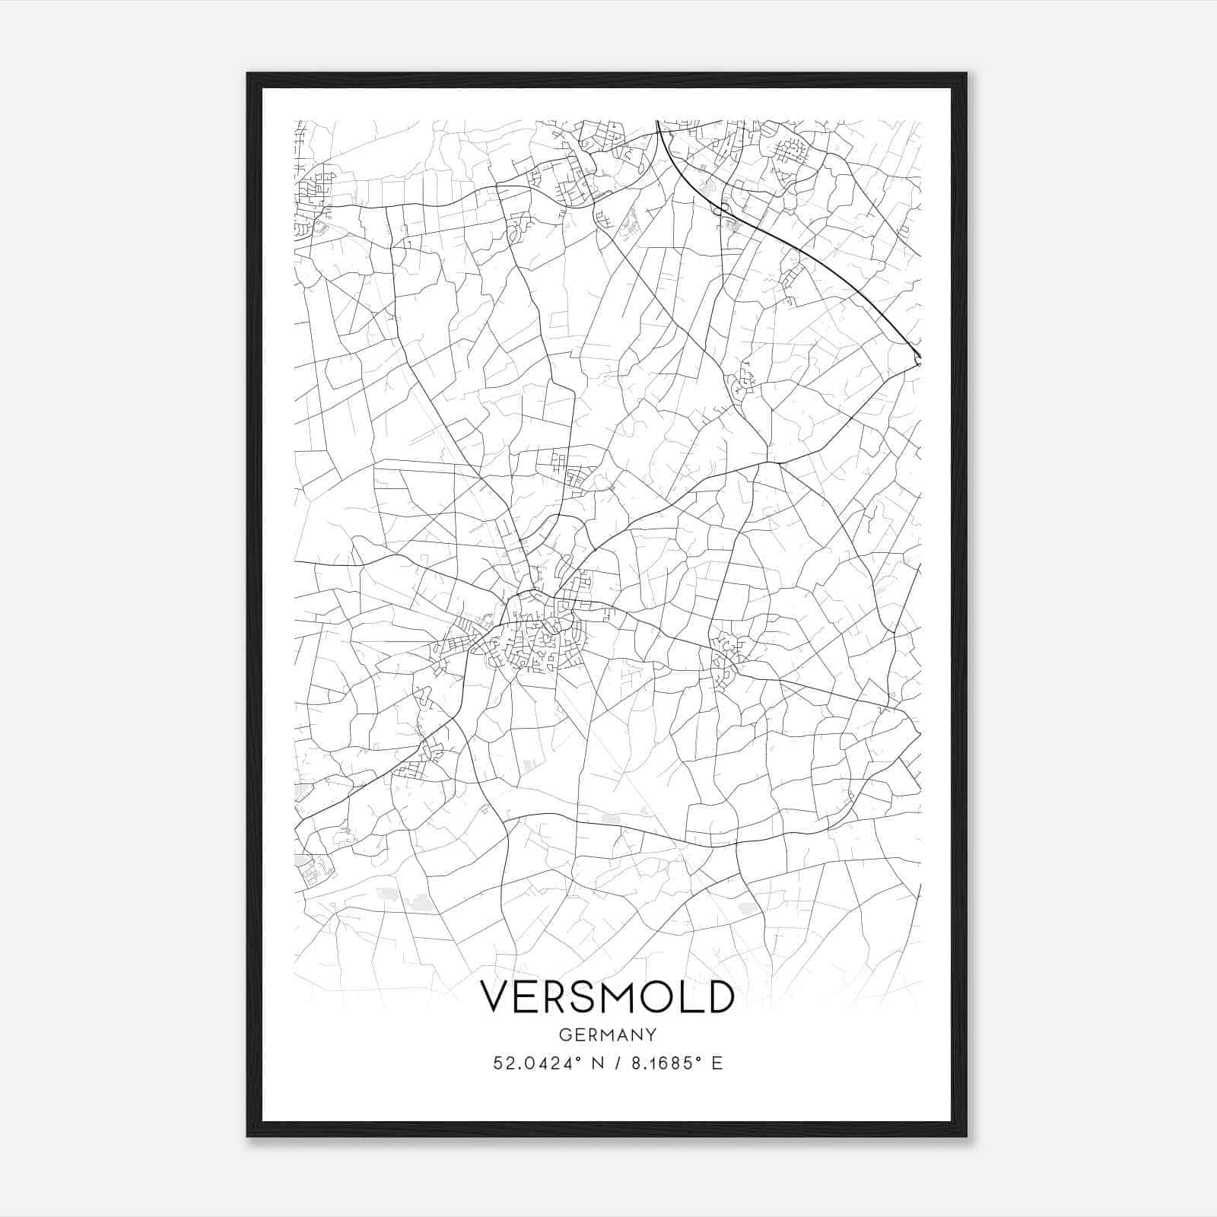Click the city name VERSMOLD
pos(607,996)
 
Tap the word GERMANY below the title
pos(607,1034)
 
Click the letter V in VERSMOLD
pos(495,996)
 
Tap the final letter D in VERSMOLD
pos(720,996)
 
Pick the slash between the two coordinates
pos(617,1063)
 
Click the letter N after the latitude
pos(598,1063)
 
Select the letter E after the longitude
pos(717,1063)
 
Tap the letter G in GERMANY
pos(564,1034)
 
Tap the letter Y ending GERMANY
pos(651,1034)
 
